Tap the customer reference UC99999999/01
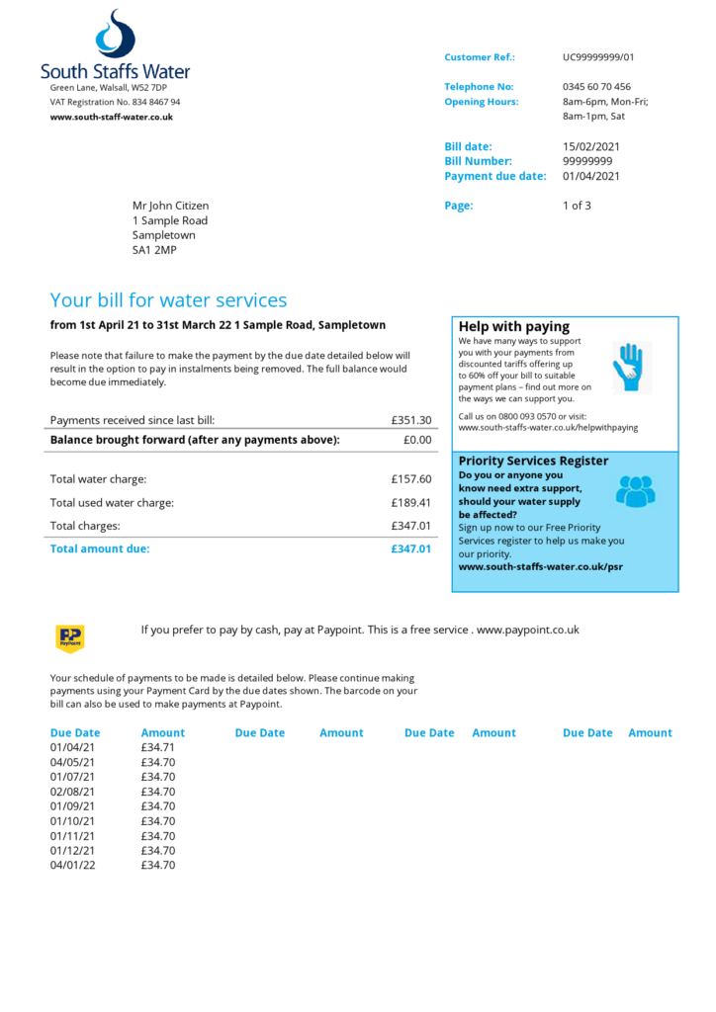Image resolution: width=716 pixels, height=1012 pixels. (x=598, y=57)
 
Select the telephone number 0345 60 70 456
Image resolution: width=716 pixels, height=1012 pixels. (x=596, y=87)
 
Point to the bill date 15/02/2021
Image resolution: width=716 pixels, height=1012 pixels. (x=591, y=146)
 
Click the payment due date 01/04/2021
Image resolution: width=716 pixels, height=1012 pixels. (x=591, y=176)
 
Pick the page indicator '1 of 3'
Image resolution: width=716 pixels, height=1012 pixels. (x=577, y=206)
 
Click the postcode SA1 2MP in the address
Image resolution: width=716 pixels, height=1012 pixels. (x=154, y=250)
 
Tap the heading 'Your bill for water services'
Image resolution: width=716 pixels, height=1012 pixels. (x=168, y=300)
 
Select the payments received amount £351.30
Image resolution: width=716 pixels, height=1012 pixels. (x=410, y=420)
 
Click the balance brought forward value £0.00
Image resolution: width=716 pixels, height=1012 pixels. (x=417, y=440)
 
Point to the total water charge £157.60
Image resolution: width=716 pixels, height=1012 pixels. (x=410, y=479)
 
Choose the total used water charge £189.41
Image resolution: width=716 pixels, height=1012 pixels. (x=410, y=502)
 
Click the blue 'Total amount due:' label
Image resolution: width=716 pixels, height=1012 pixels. (x=100, y=548)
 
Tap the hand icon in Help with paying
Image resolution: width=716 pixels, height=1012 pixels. (x=630, y=367)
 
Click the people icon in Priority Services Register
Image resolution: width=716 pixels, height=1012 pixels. (x=635, y=490)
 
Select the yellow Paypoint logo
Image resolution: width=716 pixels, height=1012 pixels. (x=70, y=638)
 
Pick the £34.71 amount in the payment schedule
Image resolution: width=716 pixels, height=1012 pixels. (x=158, y=747)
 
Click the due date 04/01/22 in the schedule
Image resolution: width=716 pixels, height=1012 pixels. (x=72, y=866)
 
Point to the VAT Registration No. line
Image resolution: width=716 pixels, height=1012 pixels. (x=116, y=102)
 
